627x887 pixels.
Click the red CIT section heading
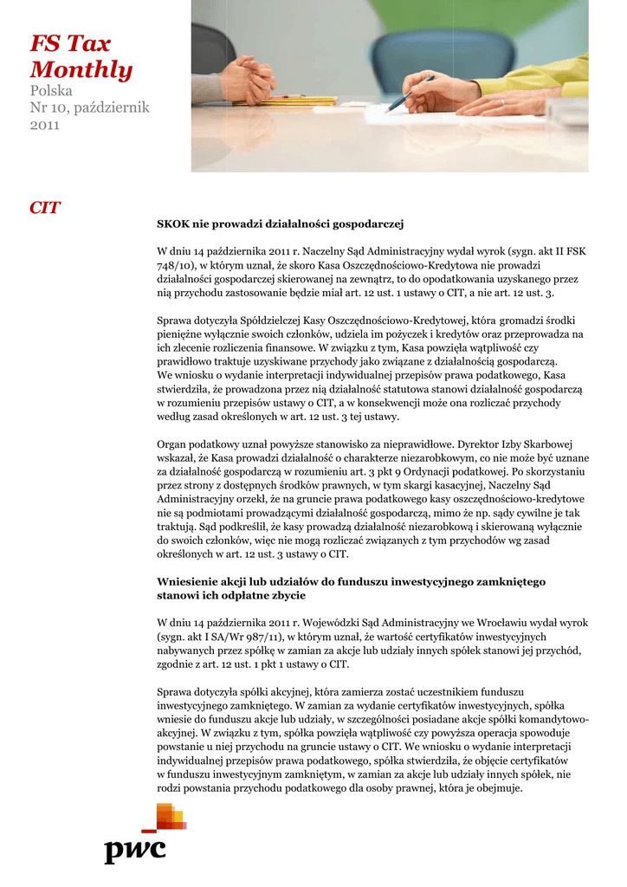coord(44,208)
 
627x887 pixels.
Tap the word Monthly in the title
coord(81,70)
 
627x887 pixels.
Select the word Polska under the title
coord(51,91)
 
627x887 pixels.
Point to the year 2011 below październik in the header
coord(44,125)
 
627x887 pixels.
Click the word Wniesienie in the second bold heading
coord(187,581)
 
